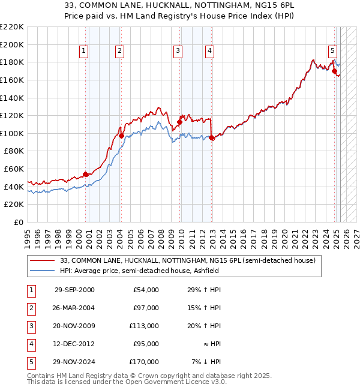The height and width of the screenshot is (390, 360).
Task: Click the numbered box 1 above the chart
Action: (83, 51)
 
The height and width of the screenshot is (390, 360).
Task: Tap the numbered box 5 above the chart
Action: (332, 51)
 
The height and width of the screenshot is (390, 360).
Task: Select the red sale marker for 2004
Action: (121, 136)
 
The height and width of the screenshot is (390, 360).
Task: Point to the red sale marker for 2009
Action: (179, 122)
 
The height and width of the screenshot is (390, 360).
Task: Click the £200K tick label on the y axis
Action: (12, 44)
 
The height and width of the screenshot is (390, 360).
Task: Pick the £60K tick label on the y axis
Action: (14, 169)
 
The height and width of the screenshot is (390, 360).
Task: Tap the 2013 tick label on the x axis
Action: (212, 238)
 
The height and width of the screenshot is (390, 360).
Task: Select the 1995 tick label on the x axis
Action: (28, 238)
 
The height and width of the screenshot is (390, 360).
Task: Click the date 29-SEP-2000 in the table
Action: (74, 290)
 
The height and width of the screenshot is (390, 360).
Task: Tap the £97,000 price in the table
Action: (146, 308)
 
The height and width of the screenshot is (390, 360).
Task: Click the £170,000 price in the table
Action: (144, 362)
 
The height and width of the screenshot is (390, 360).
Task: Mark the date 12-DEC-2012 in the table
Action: (74, 344)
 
